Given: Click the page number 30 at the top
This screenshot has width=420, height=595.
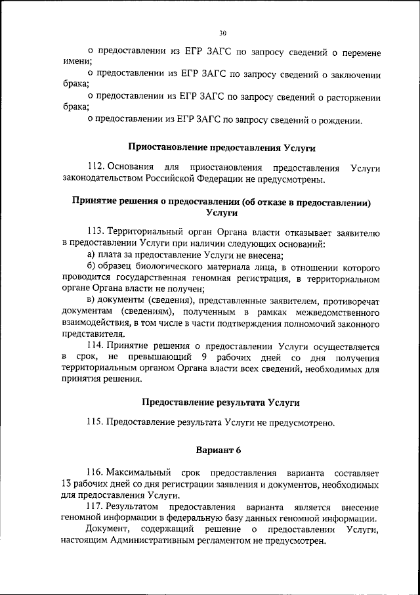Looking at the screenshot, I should pyautogui.click(x=222, y=33).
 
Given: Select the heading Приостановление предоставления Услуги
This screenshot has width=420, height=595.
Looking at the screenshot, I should pyautogui.click(x=222, y=148).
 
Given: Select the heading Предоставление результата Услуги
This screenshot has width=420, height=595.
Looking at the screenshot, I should pyautogui.click(x=222, y=402).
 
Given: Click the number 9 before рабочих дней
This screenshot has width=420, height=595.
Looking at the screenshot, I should pyautogui.click(x=205, y=357).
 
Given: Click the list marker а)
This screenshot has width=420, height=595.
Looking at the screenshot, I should pyautogui.click(x=91, y=256).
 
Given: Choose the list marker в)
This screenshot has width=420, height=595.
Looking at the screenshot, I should pyautogui.click(x=91, y=300).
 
